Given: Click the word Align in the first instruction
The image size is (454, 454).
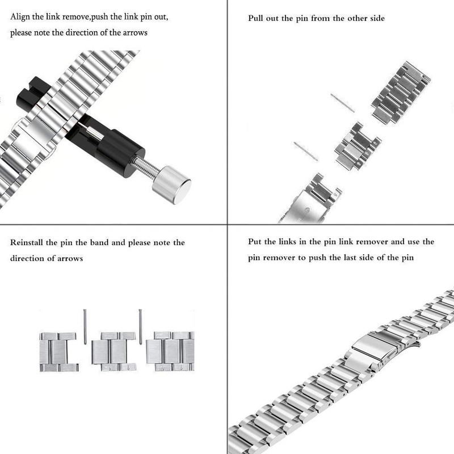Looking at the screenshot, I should point(21,16).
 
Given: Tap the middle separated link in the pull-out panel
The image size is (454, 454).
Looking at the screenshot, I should point(358,146).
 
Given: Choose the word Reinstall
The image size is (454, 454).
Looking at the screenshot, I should point(28,243).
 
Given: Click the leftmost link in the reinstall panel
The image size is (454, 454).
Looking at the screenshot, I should point(58,352).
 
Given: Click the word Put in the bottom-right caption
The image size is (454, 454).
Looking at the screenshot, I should point(255,242).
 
